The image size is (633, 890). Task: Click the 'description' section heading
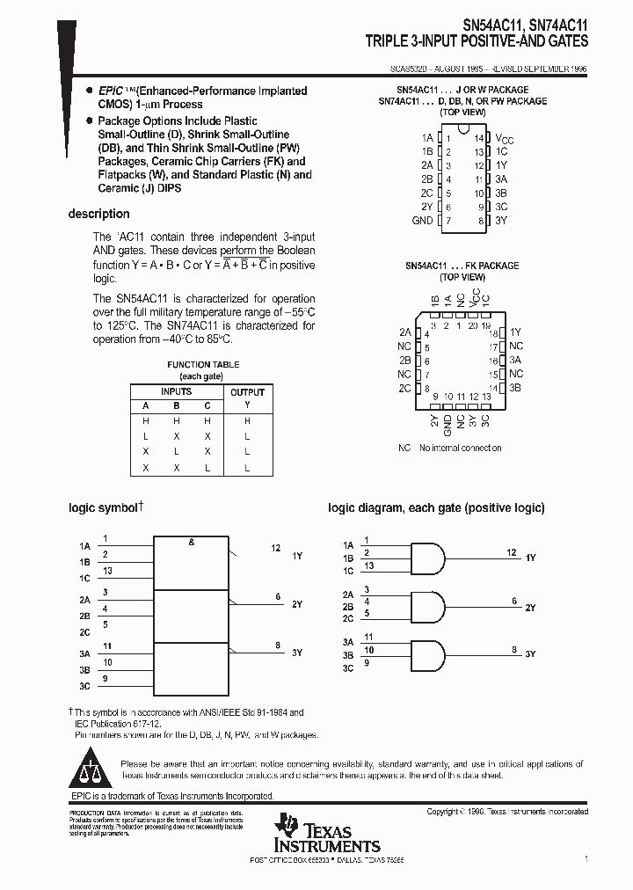(99, 214)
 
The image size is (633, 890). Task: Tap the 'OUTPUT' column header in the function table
(247, 392)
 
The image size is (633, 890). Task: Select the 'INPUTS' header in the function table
(176, 392)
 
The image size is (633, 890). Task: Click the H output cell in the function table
(247, 421)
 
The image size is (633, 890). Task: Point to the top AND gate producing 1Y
(427, 556)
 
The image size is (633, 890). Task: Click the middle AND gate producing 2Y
(427, 606)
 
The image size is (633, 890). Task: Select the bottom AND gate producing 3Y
(427, 655)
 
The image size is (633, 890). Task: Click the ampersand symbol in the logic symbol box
(191, 543)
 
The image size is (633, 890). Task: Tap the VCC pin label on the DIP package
(505, 139)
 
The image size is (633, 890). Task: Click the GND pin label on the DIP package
(423, 221)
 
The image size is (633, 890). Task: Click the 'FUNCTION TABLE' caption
(203, 365)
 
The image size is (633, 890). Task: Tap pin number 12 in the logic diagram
(511, 552)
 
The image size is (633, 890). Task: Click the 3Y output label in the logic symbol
(297, 653)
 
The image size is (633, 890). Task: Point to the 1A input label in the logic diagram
(348, 545)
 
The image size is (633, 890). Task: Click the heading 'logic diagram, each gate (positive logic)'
(436, 508)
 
